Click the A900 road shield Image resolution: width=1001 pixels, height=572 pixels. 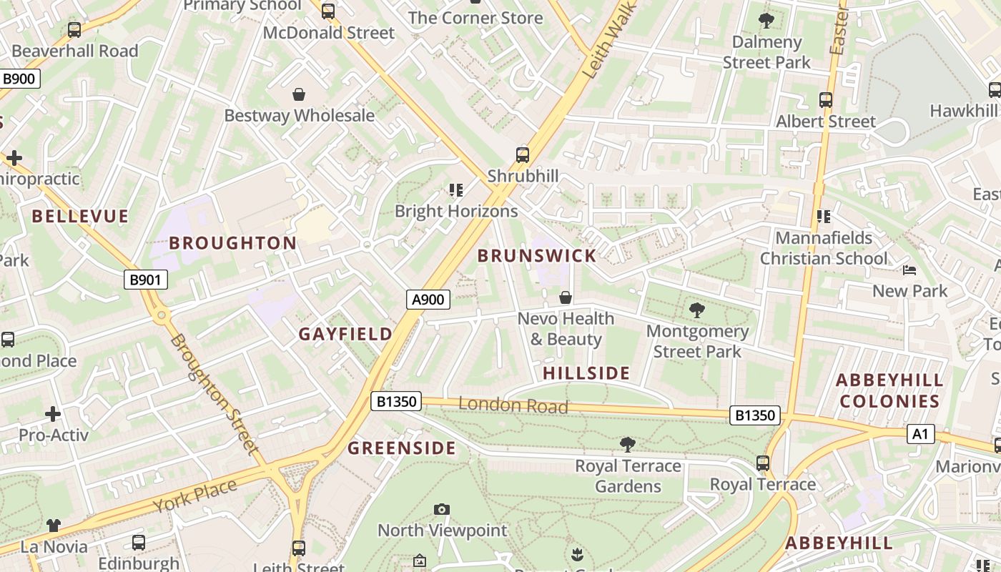tap(428, 300)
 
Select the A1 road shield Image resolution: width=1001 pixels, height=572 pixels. tap(920, 433)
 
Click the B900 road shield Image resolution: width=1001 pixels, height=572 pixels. tap(19, 79)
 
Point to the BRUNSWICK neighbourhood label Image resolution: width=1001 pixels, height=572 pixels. tap(536, 256)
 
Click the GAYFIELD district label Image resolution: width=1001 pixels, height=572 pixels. tap(345, 334)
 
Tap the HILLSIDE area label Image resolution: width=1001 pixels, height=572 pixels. tap(586, 373)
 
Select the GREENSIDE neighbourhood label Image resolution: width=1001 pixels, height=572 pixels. tap(401, 448)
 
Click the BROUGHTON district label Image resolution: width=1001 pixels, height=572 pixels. tap(233, 243)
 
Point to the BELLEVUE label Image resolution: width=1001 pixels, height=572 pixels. tap(80, 217)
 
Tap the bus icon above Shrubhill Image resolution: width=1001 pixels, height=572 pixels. tap(523, 155)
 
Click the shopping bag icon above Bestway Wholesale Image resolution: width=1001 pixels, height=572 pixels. tap(299, 94)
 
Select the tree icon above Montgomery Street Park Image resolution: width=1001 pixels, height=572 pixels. tap(696, 310)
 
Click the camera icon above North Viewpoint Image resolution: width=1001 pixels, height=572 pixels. tap(442, 509)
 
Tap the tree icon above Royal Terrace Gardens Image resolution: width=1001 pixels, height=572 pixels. tap(628, 445)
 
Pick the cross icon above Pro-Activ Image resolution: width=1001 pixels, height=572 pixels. tap(53, 414)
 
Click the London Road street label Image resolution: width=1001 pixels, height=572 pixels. tap(513, 405)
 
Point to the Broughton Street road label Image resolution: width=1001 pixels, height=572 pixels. tap(212, 393)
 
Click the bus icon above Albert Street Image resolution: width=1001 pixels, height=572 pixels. tap(826, 100)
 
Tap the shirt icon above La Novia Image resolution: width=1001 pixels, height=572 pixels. tap(54, 526)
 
